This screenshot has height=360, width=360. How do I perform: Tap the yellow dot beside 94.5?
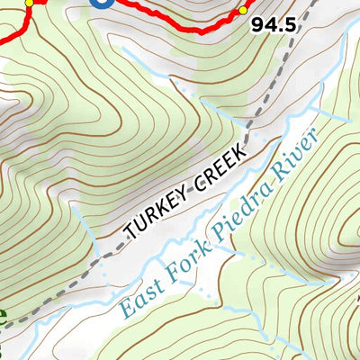click(242, 11)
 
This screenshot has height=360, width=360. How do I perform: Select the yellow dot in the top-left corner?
click(29, 3)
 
